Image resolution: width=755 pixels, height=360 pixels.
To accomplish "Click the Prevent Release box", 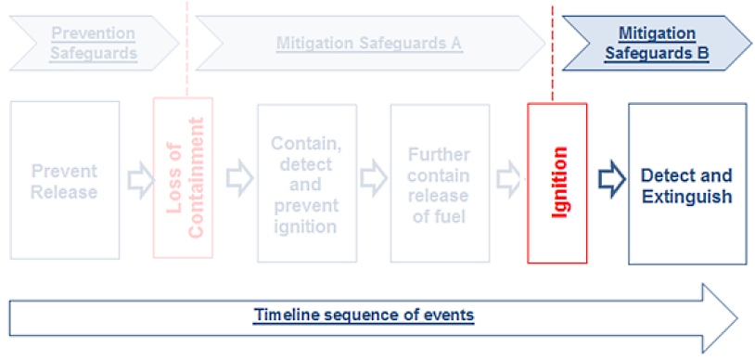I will (65, 180).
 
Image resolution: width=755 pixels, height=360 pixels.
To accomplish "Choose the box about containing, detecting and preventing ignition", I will (306, 184).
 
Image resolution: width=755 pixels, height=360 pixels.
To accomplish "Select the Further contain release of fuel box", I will (437, 184).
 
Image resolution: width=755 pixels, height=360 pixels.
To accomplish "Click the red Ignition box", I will (557, 182).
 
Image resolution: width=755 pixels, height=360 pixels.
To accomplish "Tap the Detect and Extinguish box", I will (686, 184).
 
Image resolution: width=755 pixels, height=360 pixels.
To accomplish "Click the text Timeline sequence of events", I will (365, 315).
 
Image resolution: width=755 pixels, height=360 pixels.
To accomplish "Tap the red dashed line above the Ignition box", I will (553, 56).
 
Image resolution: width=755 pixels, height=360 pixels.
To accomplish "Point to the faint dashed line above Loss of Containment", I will (186, 51).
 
